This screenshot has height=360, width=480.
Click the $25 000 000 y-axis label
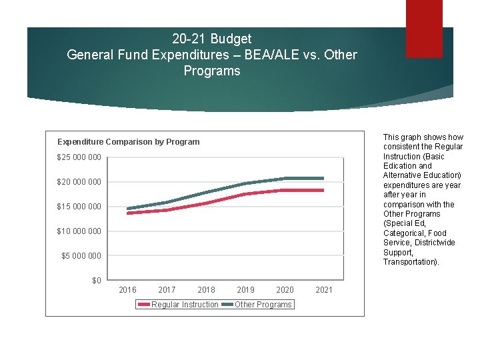(x=79, y=157)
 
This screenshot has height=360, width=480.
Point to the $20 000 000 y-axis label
(x=79, y=182)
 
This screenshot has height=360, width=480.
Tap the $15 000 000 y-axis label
(x=79, y=207)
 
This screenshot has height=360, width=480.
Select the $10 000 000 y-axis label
(x=79, y=231)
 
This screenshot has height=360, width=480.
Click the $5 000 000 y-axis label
(x=81, y=256)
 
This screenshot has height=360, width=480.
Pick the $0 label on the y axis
(x=96, y=281)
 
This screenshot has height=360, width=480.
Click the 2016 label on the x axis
(x=127, y=290)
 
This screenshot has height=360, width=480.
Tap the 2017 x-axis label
(x=167, y=290)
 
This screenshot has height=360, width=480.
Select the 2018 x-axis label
(x=206, y=290)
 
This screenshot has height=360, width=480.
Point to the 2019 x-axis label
(x=245, y=290)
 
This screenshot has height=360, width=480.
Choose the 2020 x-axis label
(x=285, y=290)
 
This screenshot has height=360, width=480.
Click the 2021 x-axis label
(x=324, y=290)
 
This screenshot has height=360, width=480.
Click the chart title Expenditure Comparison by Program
(x=128, y=142)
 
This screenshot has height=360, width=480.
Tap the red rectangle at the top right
(x=424, y=29)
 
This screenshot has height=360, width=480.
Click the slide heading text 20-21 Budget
(x=211, y=39)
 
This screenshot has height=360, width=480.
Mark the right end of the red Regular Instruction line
(x=323, y=190)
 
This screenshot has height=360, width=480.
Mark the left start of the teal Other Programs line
(x=127, y=209)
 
